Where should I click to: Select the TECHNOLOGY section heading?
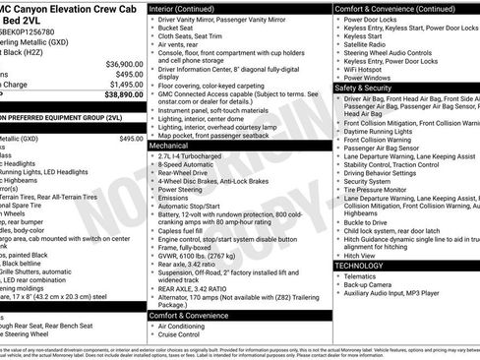click(360, 267)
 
